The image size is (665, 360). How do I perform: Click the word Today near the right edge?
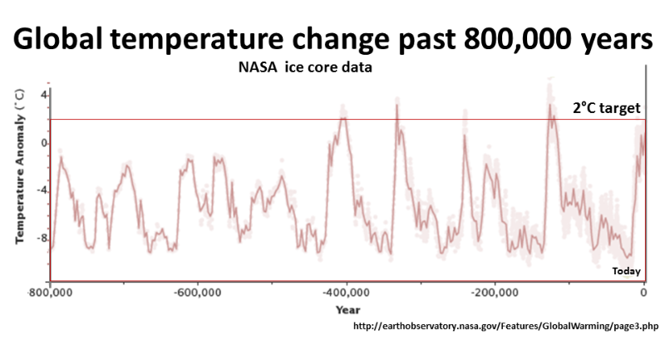(x=626, y=271)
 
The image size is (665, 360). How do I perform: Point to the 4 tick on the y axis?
(x=42, y=95)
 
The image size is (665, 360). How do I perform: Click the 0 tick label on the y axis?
(x=43, y=142)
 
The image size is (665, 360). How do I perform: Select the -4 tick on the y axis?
(x=41, y=190)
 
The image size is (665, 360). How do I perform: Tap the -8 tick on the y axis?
(x=41, y=238)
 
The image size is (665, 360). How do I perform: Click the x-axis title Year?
(x=347, y=309)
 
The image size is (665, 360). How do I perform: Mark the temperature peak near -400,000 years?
(x=342, y=117)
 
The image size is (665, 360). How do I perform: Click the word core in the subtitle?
(x=318, y=68)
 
